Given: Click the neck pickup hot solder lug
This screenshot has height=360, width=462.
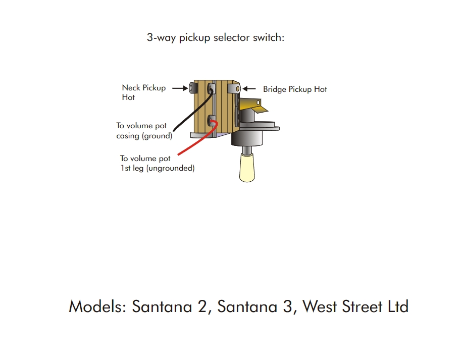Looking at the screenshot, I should (x=193, y=88).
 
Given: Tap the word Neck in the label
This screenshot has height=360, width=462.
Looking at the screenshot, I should (x=131, y=88).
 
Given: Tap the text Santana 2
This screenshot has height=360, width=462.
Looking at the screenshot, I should (x=170, y=306).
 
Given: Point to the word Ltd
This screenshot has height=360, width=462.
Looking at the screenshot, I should (x=397, y=306).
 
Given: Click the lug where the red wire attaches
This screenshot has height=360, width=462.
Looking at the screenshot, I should (x=213, y=120).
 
